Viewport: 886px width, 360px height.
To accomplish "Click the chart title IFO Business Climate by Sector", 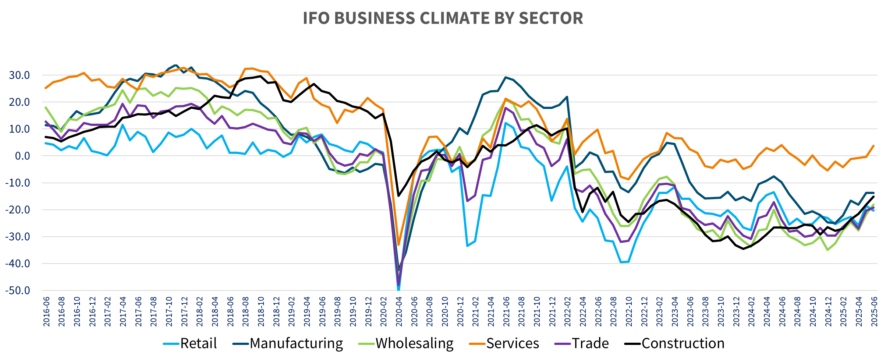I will pyautogui.click(x=443, y=18).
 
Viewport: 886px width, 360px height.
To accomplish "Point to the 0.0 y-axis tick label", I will pyautogui.click(x=22, y=156).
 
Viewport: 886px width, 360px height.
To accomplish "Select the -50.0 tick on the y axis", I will pyautogui.click(x=18, y=291).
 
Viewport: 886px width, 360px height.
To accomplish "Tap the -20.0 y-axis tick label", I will pyautogui.click(x=18, y=210).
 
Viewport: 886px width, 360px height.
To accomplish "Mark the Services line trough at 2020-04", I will pyautogui.click(x=398, y=245).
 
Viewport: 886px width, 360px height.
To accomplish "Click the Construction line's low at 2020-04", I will pyautogui.click(x=398, y=196).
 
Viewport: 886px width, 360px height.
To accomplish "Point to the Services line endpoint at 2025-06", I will pyautogui.click(x=874, y=145).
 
